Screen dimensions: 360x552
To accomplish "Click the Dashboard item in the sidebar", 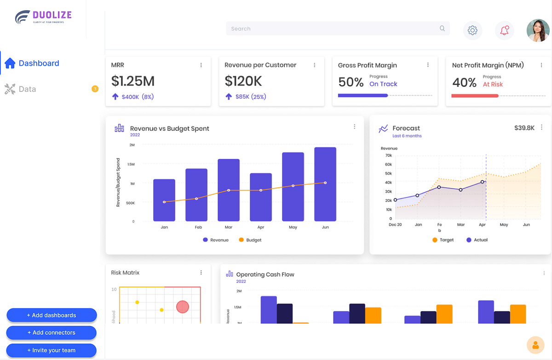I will tap(39, 63).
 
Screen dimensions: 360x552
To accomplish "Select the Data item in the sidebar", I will tap(27, 89).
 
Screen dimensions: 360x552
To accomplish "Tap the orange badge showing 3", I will tap(95, 89).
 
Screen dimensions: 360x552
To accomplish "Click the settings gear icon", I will tap(472, 30).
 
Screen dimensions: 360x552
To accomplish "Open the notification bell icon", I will tap(505, 30).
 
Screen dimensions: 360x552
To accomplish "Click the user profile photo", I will tap(538, 30).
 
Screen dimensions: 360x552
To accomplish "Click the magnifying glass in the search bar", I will tap(442, 29).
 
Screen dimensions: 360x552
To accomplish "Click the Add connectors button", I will tap(51, 332).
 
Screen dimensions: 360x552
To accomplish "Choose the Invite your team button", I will tap(51, 350).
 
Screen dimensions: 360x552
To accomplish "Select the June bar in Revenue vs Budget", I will tap(325, 184).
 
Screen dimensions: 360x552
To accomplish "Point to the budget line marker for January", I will tap(164, 202).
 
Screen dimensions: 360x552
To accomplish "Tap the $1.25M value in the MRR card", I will tap(133, 81).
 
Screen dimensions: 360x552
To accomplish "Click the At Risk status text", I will tap(493, 84).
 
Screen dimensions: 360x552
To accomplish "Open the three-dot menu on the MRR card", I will tap(201, 65).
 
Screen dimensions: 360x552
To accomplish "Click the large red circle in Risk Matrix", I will tap(183, 306).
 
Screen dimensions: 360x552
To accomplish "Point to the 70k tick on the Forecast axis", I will tap(388, 155).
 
